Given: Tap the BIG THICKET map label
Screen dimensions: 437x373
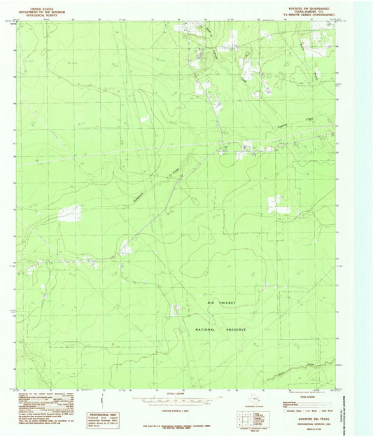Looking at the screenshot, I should [221, 303].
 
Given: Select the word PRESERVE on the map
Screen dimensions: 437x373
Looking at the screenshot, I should [237, 328].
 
